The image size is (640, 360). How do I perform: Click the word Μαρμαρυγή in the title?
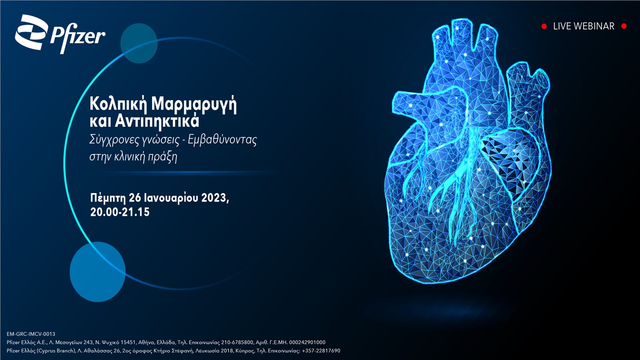click(194, 104)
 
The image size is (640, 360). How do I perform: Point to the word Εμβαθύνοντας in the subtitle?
click(222, 140)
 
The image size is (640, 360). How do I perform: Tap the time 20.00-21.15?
click(120, 212)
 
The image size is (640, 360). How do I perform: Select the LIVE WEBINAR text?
click(583, 26)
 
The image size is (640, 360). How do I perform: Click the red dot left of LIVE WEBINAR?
click(544, 26)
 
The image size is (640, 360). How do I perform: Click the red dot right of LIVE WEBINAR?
click(624, 26)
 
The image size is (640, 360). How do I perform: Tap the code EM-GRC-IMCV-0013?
click(31, 334)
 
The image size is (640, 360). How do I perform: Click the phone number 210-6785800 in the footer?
click(237, 342)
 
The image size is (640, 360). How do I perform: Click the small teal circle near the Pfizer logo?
click(139, 43)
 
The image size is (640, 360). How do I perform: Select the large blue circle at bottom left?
click(97, 272)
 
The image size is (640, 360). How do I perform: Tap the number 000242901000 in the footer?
click(307, 342)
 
